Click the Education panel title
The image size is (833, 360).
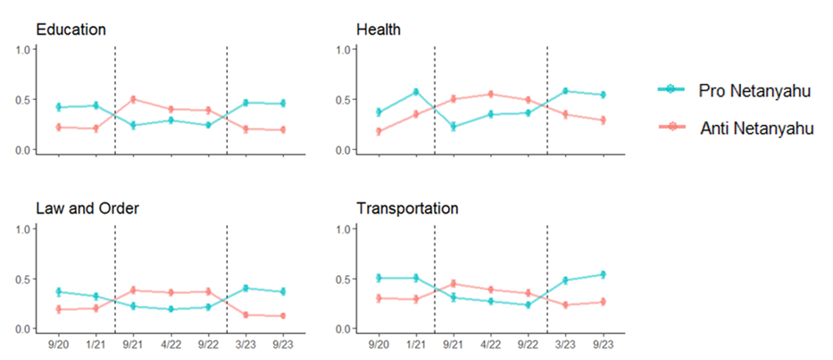(x=71, y=29)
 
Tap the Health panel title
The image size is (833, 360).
(x=379, y=29)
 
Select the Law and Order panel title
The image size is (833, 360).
(x=87, y=208)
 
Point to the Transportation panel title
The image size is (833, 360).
(x=407, y=208)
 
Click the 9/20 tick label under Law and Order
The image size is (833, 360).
(x=58, y=345)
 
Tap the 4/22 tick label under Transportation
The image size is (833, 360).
(x=490, y=345)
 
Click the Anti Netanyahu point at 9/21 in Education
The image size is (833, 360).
(x=133, y=99)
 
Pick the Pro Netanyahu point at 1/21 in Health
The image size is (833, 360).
(x=416, y=92)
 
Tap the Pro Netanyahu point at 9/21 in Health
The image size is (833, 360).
(x=454, y=127)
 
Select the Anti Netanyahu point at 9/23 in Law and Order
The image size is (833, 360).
(x=283, y=316)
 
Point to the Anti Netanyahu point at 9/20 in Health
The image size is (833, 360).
(x=379, y=131)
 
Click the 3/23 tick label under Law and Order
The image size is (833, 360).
(x=246, y=345)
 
